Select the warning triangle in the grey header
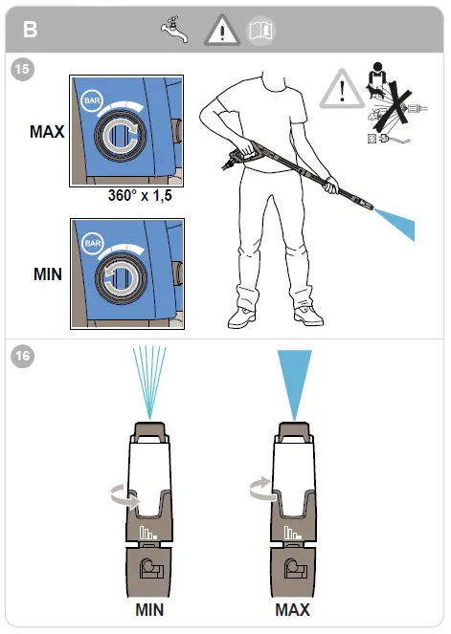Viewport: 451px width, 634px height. [221, 32]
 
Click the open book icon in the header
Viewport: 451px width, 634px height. [259, 31]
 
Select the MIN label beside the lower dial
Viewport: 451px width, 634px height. [48, 273]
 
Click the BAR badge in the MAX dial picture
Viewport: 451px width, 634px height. [93, 100]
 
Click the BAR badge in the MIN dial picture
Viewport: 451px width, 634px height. [93, 244]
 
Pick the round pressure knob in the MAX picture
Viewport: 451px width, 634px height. [122, 134]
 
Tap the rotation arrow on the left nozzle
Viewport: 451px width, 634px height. [123, 494]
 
